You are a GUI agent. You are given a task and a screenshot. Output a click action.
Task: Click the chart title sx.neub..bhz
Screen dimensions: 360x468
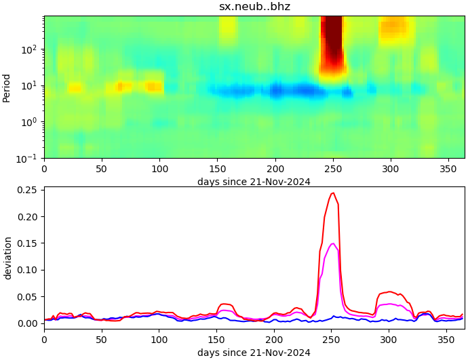[254, 7]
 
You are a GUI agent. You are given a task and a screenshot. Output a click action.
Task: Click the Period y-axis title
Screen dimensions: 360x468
[7, 88]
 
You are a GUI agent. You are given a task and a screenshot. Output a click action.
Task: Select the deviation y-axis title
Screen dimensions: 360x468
[8, 258]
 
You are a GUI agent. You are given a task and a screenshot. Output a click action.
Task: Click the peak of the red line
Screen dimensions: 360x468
[332, 193]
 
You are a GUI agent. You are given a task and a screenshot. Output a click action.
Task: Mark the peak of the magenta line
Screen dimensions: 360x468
[332, 243]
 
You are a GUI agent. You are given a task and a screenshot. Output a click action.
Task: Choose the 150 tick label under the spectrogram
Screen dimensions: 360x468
[217, 169]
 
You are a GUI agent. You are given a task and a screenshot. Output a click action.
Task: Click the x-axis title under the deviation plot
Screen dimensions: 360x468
[254, 353]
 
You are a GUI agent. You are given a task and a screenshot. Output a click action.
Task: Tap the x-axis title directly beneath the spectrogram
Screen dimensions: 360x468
[254, 182]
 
